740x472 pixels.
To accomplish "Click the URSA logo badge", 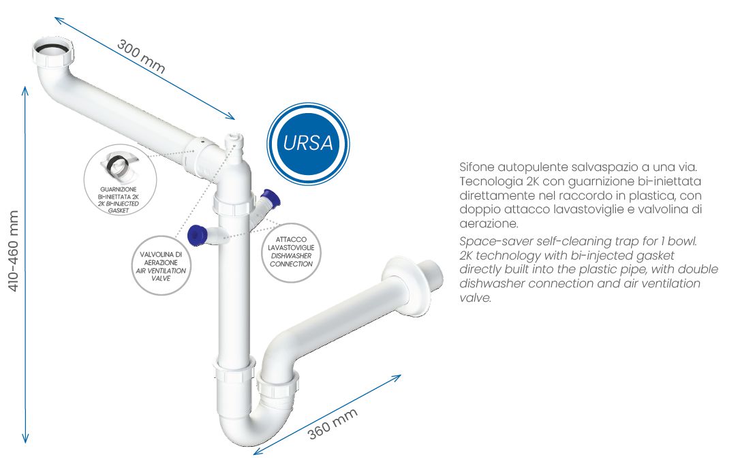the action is [308, 143].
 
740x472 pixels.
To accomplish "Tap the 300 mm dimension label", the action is [140, 56].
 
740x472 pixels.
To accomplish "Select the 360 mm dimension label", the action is [333, 424].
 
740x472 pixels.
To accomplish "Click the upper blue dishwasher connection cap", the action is [271, 198].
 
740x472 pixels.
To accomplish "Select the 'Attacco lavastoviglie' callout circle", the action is [291, 253].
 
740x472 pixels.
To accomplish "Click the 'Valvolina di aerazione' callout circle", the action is [161, 266].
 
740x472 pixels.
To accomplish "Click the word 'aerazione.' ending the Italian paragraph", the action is [489, 223].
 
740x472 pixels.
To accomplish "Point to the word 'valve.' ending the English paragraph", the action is [475, 298].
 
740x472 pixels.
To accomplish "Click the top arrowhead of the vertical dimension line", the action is [25, 90].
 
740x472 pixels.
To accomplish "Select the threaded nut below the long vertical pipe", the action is [234, 370].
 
